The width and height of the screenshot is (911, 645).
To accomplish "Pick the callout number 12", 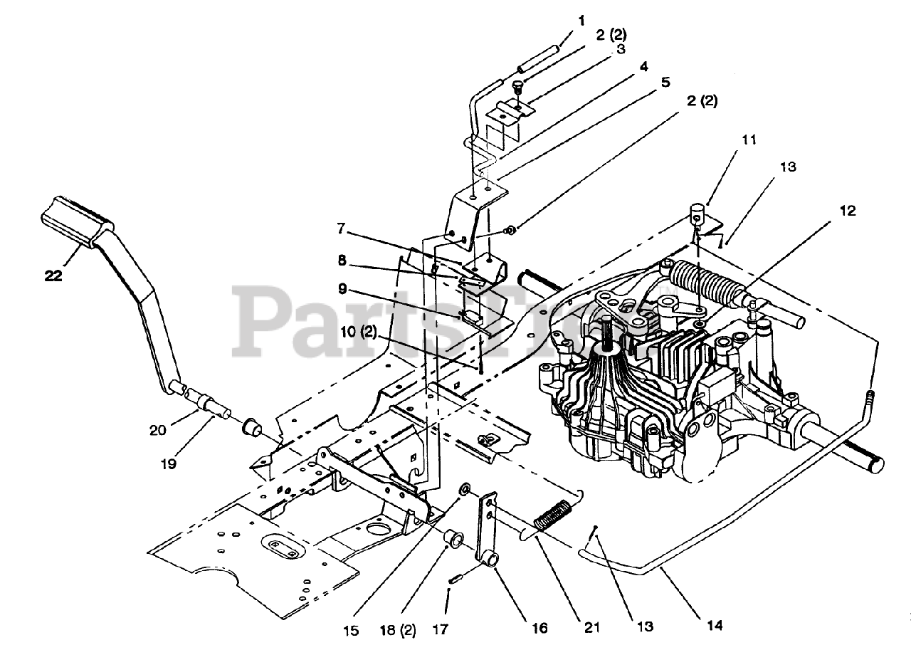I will [x=848, y=211].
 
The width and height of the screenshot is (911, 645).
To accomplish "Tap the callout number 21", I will [x=591, y=627].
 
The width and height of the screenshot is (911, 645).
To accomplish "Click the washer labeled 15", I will [x=464, y=488].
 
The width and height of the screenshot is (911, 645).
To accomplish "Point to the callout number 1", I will [x=581, y=21].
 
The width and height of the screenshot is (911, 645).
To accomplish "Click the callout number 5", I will [x=665, y=82].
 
